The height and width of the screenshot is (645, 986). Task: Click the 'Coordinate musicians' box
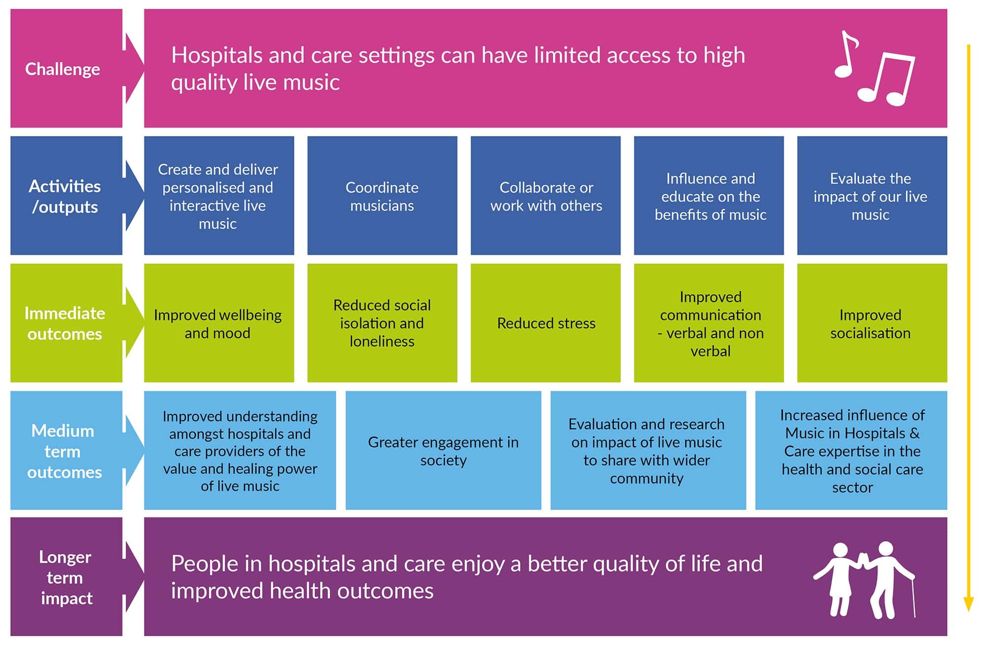click(382, 196)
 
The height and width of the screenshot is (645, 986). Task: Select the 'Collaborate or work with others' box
click(546, 196)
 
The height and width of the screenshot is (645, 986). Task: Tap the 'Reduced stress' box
click(546, 323)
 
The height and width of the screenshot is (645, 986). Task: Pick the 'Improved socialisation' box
click(872, 323)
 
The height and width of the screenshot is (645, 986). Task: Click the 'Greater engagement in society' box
click(443, 450)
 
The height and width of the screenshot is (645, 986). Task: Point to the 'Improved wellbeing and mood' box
click(219, 323)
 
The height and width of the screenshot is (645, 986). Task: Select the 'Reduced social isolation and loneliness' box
click(382, 323)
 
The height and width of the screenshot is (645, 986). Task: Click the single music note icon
click(846, 55)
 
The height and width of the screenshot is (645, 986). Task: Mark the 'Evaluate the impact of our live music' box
click(872, 196)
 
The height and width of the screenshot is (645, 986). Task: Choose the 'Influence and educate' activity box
click(709, 196)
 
